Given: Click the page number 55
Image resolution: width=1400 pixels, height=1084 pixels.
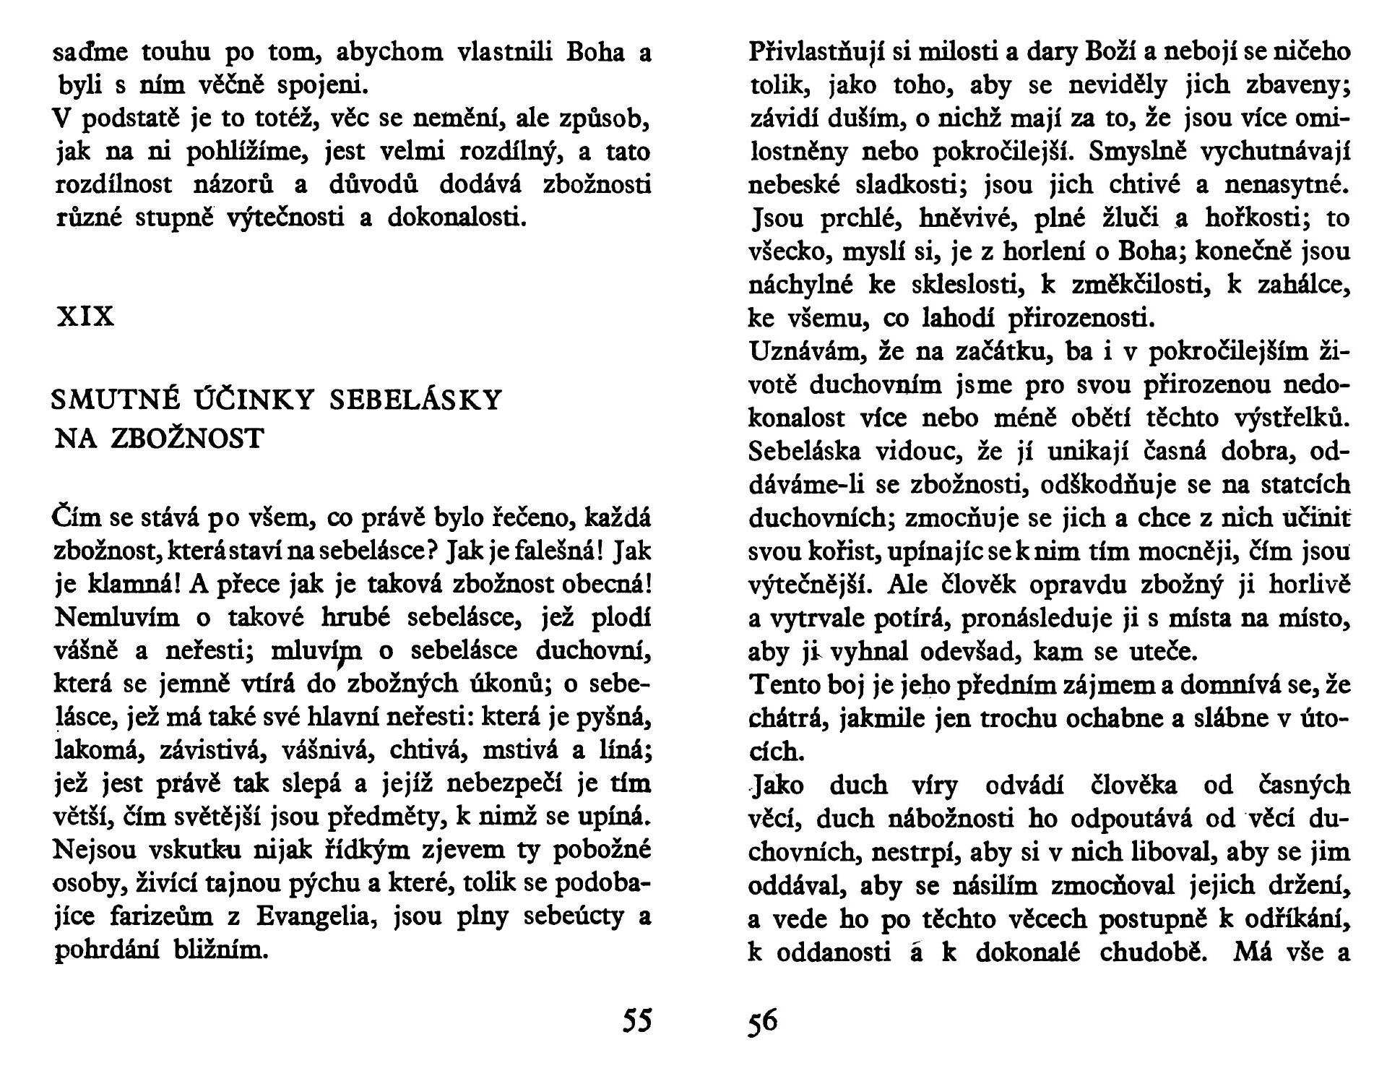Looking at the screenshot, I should [x=636, y=1020].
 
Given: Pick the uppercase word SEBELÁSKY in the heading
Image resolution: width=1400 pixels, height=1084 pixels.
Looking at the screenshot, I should [x=415, y=400].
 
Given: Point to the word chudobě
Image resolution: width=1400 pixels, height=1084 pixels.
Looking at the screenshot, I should [x=1154, y=952].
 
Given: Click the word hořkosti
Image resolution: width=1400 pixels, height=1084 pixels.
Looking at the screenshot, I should [x=1259, y=218].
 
